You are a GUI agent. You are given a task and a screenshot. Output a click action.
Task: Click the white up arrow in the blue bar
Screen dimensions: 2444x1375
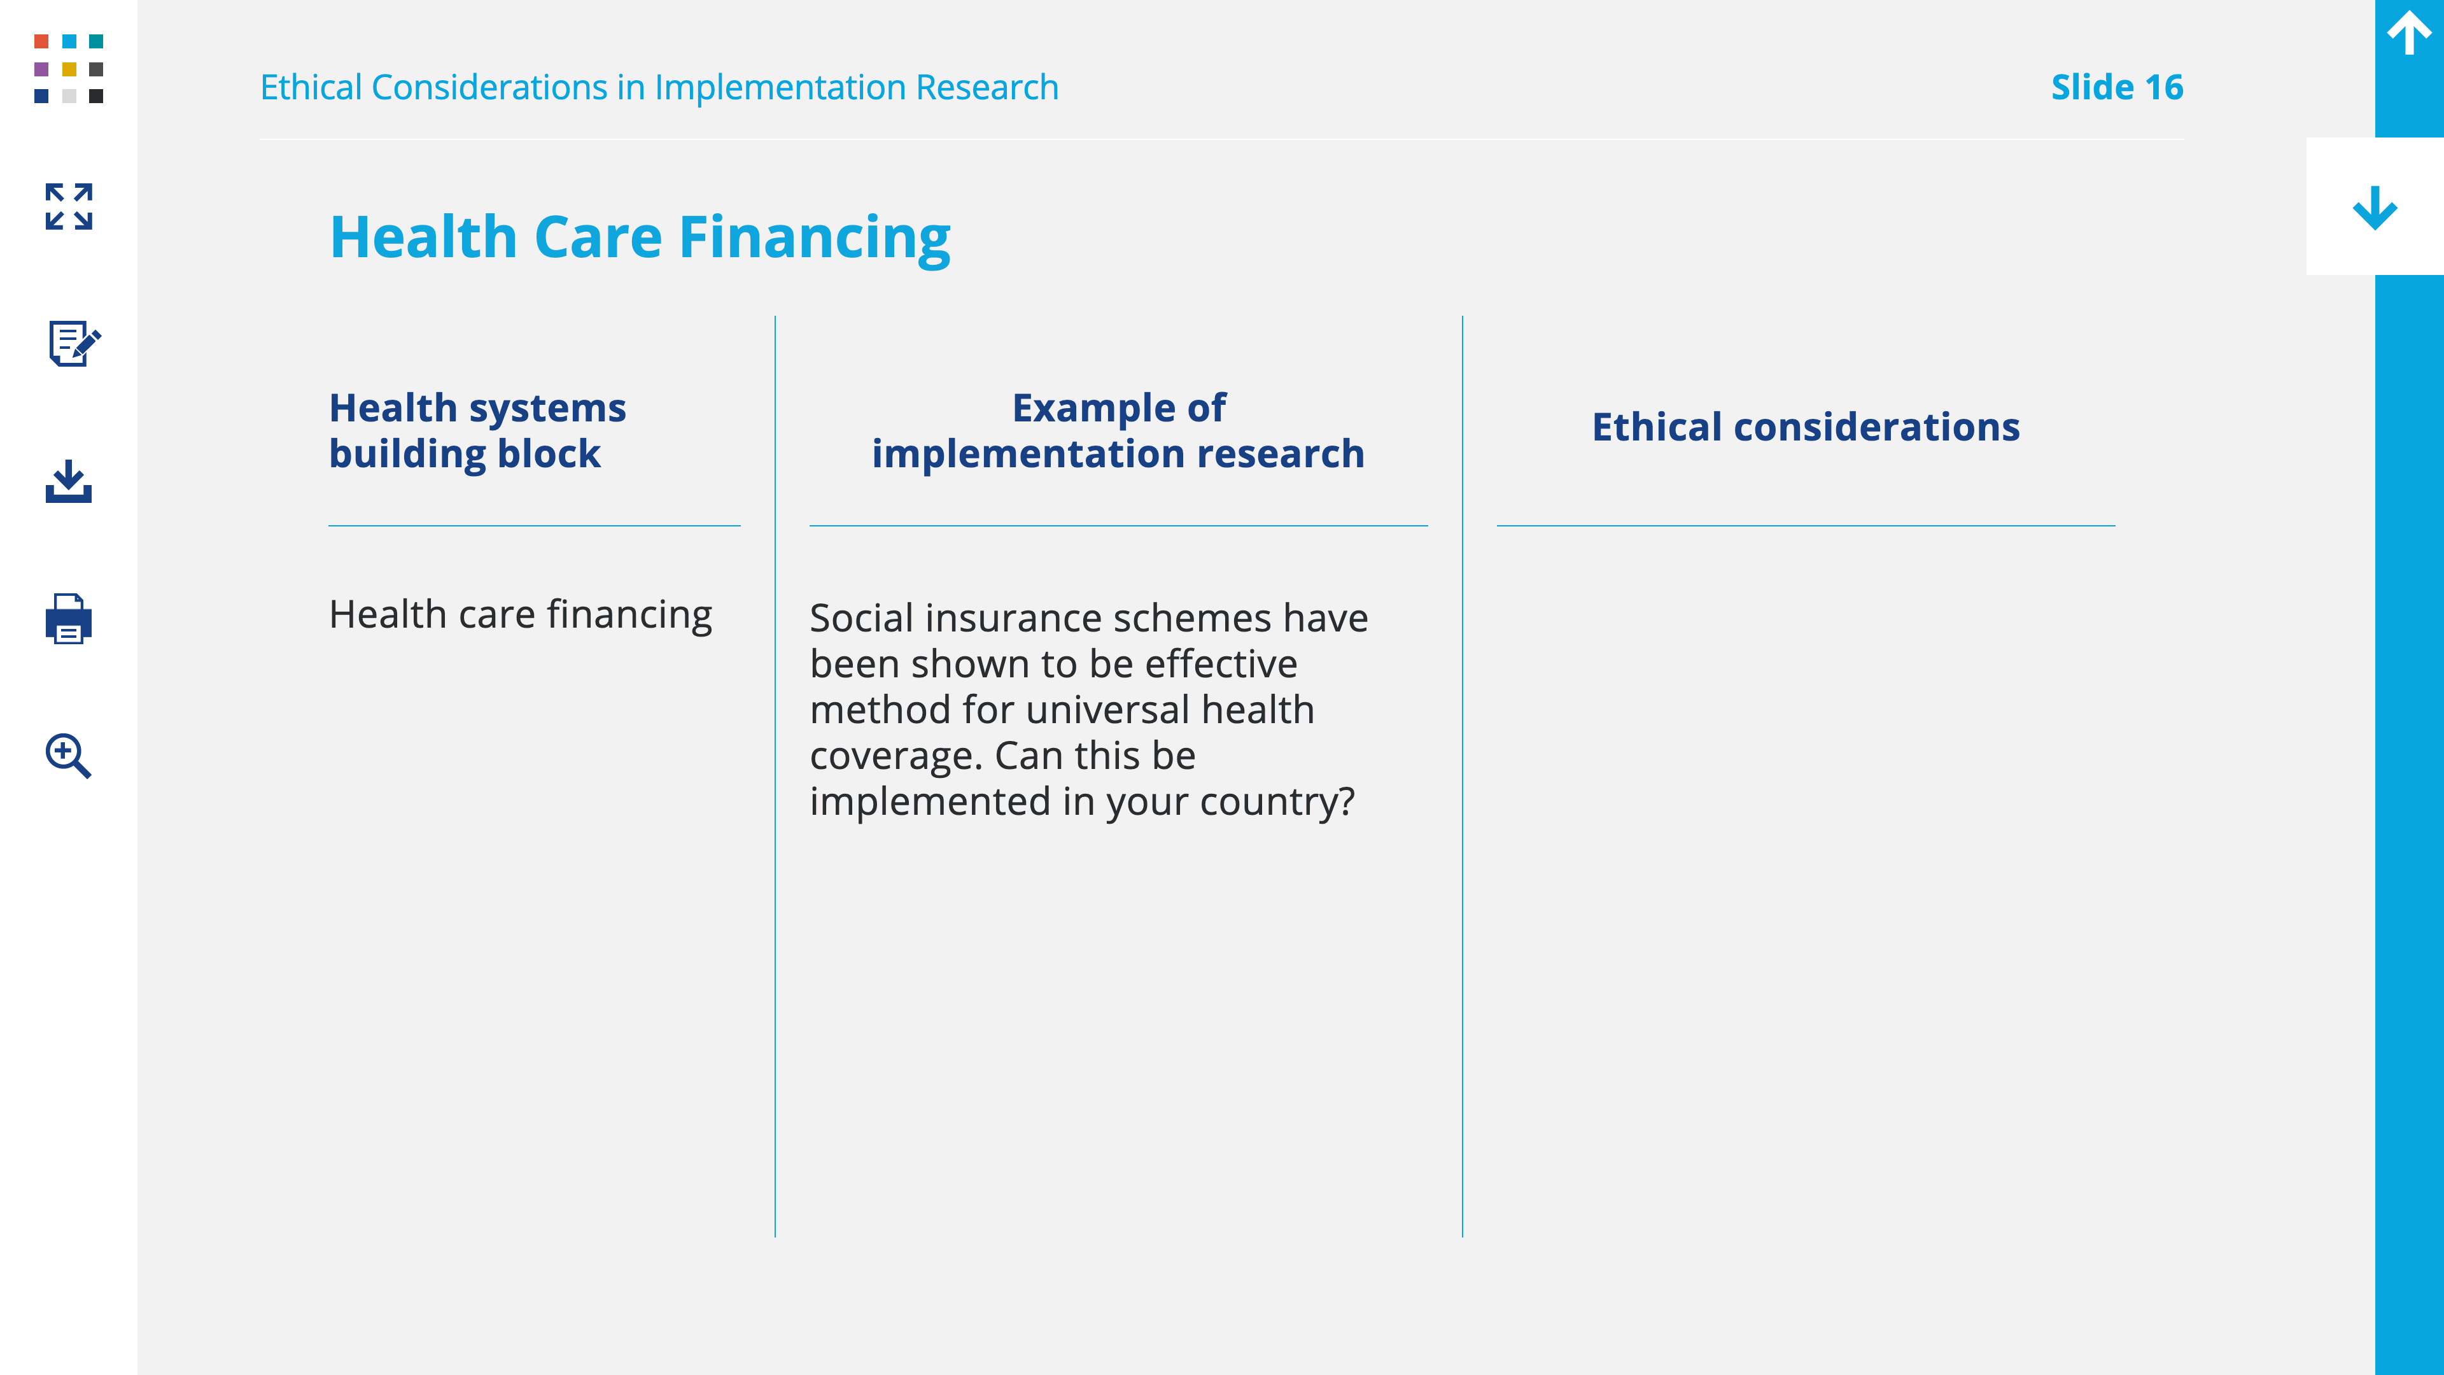pos(2409,32)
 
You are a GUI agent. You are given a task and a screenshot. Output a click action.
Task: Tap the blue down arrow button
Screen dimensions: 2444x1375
pos(2375,208)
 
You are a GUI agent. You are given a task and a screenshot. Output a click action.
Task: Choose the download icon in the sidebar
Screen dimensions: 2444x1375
pos(68,481)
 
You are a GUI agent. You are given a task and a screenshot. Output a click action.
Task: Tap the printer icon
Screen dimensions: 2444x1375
pos(68,619)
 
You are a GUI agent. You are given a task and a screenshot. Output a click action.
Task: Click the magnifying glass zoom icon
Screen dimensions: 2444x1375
pos(68,756)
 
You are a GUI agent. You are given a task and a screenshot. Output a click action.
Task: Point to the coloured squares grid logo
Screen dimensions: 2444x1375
pos(68,68)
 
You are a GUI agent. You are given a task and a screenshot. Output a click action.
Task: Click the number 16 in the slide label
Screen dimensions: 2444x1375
pos(2164,87)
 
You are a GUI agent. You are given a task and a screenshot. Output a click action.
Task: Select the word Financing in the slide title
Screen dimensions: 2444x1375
pos(815,237)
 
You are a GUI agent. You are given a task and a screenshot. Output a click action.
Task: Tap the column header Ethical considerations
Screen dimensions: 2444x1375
pos(1806,427)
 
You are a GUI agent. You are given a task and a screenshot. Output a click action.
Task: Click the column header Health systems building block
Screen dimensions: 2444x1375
pos(477,431)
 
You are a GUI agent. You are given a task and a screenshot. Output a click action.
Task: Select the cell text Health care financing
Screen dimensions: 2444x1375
pos(520,615)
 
